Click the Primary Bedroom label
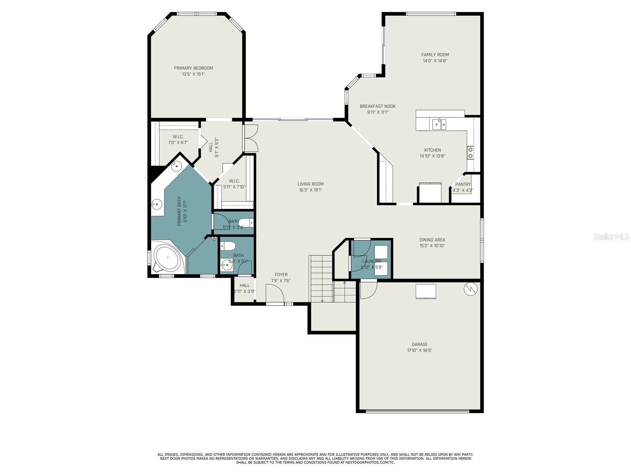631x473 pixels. coord(193,68)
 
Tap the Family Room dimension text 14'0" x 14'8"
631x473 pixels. coord(435,61)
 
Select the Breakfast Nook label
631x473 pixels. coord(377,106)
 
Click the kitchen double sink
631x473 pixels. coord(439,124)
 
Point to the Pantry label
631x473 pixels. coord(463,184)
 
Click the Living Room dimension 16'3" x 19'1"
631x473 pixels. coord(310,190)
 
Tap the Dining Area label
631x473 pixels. coord(432,240)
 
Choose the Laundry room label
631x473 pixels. coord(372,261)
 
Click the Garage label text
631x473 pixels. coord(420,345)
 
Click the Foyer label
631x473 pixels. coord(281,275)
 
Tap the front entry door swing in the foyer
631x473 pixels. coord(275,293)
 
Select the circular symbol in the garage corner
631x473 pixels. coord(470,289)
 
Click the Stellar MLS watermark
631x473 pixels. coord(611,237)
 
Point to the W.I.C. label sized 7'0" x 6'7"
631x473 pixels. coord(178,137)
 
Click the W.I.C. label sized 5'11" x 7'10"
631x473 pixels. coord(234,181)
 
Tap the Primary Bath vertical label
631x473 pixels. coord(179,211)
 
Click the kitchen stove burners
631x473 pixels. coord(470,153)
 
